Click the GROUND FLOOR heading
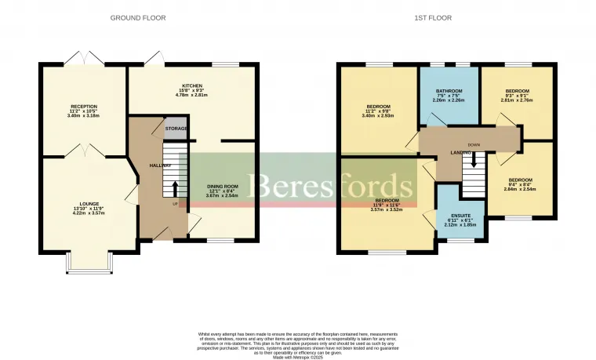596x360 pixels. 138,17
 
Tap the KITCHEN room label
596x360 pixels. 192,85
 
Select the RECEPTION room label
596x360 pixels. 84,106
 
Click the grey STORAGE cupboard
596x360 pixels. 176,127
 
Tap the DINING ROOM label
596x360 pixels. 221,186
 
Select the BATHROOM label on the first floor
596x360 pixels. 449,91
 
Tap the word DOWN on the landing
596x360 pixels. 473,145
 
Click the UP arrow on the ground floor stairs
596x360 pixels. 174,188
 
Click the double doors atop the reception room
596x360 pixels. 84,60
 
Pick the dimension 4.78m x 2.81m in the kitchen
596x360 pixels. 192,95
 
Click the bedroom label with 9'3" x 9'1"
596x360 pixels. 517,91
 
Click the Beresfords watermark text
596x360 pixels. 329,187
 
